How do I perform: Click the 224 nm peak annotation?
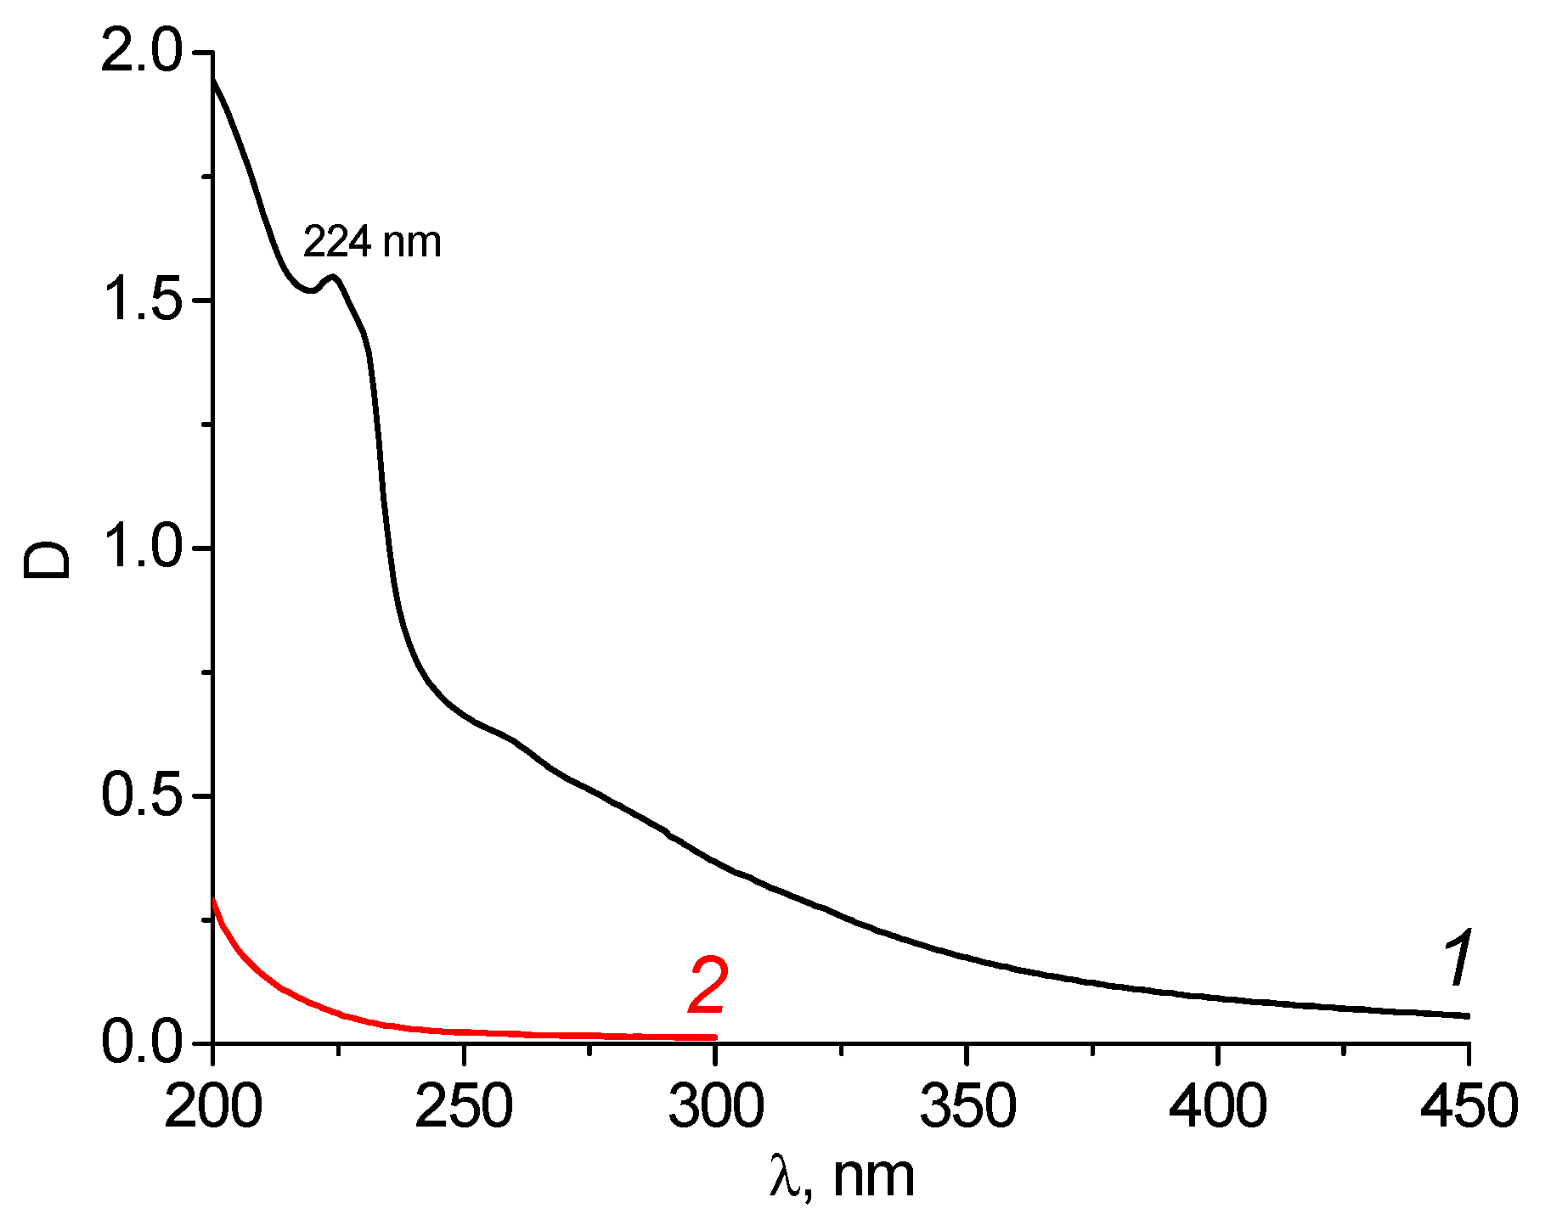coord(372,243)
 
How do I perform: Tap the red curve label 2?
coord(708,986)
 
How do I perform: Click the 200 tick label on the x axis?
coord(212,1107)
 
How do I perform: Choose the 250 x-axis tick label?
coord(464,1107)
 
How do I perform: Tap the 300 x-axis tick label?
coord(715,1107)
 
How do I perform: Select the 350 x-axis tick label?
coord(967,1107)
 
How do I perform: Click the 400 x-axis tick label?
coord(1217,1107)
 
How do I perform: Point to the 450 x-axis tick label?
coord(1469,1107)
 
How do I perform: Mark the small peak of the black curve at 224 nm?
coord(334,277)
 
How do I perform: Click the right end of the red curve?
coord(715,1037)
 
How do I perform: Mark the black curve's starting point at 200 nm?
coord(213,79)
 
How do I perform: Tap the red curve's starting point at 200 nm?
coord(213,900)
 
